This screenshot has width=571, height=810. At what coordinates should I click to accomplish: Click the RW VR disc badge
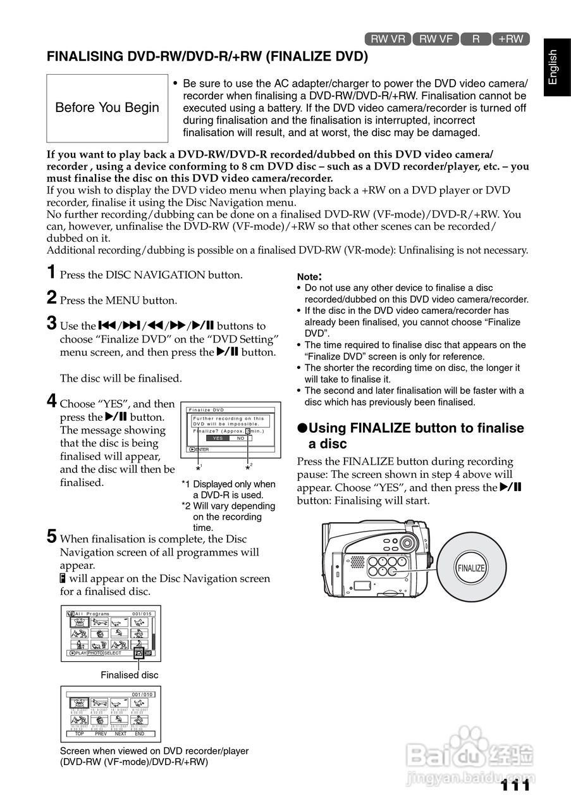pyautogui.click(x=388, y=39)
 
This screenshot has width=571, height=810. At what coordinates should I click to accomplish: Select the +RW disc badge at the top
pyautogui.click(x=510, y=39)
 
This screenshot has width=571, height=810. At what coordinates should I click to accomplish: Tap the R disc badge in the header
pyautogui.click(x=476, y=39)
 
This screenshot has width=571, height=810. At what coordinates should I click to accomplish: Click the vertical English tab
pyautogui.click(x=553, y=67)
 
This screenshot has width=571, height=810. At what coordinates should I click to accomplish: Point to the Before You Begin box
pyautogui.click(x=107, y=108)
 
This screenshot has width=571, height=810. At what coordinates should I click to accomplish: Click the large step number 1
pyautogui.click(x=51, y=273)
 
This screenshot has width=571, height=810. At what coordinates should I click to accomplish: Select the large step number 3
pyautogui.click(x=52, y=324)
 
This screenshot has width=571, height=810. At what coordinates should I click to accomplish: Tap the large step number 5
pyautogui.click(x=52, y=537)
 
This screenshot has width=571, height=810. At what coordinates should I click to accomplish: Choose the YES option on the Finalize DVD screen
pyautogui.click(x=218, y=438)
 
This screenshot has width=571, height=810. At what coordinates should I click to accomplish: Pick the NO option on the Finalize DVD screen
pyautogui.click(x=240, y=438)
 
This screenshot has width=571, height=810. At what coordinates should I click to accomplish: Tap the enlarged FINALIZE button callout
pyautogui.click(x=471, y=568)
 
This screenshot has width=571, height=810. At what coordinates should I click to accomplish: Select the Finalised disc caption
pyautogui.click(x=130, y=675)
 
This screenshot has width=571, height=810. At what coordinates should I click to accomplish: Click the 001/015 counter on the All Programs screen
pyautogui.click(x=142, y=614)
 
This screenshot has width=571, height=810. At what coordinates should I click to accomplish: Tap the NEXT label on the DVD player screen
pyautogui.click(x=120, y=733)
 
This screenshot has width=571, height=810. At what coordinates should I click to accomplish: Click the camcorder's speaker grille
pyautogui.click(x=357, y=562)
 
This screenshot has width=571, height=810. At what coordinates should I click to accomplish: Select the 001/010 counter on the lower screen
pyautogui.click(x=142, y=695)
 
